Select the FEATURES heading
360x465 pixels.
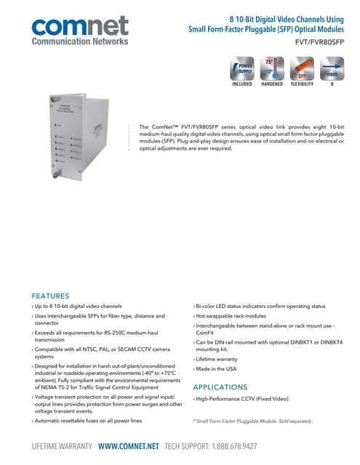pos(50,296)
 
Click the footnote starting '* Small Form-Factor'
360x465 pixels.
pos(252,421)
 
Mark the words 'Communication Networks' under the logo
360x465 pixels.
pos(79,41)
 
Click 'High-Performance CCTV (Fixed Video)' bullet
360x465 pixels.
pos(241,400)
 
